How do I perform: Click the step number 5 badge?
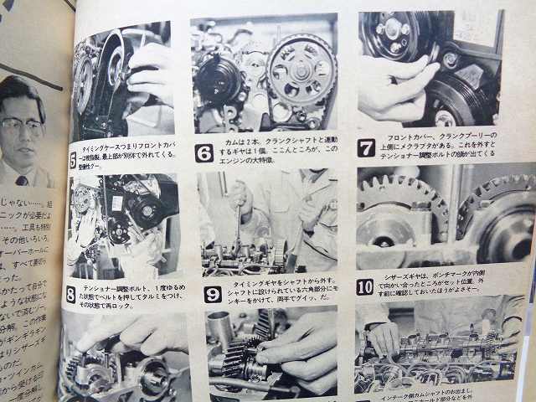(x=73, y=157)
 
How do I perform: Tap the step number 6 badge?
(x=204, y=152)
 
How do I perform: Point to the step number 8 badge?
(x=71, y=294)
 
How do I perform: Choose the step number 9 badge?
(x=213, y=294)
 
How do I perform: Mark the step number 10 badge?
(x=365, y=287)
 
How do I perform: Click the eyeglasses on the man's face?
(x=20, y=128)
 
